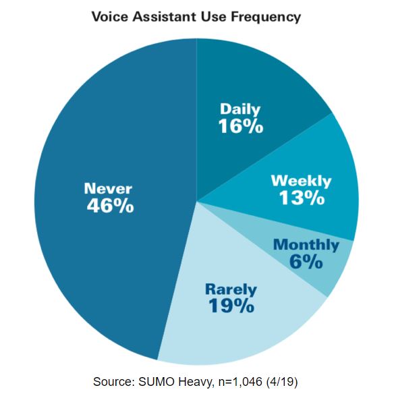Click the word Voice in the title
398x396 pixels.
coord(111,17)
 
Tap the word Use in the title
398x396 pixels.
coord(213,17)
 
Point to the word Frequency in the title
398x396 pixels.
coord(266,18)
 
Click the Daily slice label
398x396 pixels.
coord(240,109)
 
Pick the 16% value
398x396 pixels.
coord(241,126)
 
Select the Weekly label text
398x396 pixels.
coord(302,181)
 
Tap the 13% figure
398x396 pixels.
coord(302,198)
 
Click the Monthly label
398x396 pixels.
coord(306,246)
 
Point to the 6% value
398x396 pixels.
coord(306,262)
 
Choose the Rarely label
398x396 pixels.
coord(231,289)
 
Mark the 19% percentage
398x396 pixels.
coord(231,306)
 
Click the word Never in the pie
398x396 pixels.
coord(108,189)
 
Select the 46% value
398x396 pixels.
coord(110,205)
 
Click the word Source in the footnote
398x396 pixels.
coord(114,382)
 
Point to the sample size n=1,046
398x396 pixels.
coord(240,382)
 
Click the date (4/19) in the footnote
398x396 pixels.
coord(282,383)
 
